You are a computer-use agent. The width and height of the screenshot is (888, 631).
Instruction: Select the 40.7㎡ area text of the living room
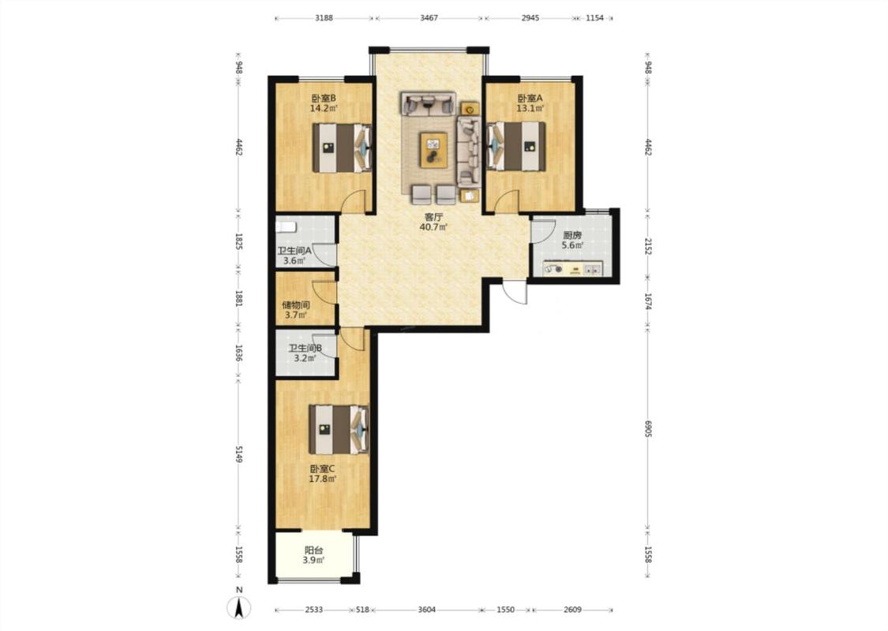(x=433, y=227)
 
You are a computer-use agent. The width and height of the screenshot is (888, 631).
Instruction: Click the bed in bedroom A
(x=516, y=147)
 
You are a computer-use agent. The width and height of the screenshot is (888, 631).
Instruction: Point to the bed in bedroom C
(x=339, y=429)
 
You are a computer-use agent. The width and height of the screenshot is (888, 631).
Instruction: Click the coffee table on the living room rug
(x=434, y=149)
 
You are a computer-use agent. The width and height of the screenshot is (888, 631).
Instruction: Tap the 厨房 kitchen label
(x=572, y=235)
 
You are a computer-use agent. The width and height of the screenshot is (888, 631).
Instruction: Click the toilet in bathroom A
(x=286, y=227)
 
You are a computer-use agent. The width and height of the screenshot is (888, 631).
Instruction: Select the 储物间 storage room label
(x=296, y=305)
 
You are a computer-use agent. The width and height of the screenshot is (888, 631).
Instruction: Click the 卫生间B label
(x=305, y=349)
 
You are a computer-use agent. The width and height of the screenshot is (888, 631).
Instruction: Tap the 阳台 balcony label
(x=313, y=550)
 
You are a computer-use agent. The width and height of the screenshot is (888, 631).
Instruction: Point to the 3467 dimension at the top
(x=429, y=17)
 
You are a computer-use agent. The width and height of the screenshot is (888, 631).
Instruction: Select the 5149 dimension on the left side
(x=239, y=454)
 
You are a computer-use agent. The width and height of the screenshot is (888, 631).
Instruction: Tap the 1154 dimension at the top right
(x=594, y=17)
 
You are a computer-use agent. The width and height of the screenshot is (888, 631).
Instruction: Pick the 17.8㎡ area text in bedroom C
(x=322, y=479)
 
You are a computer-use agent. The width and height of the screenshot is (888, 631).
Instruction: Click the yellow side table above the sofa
(x=470, y=109)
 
